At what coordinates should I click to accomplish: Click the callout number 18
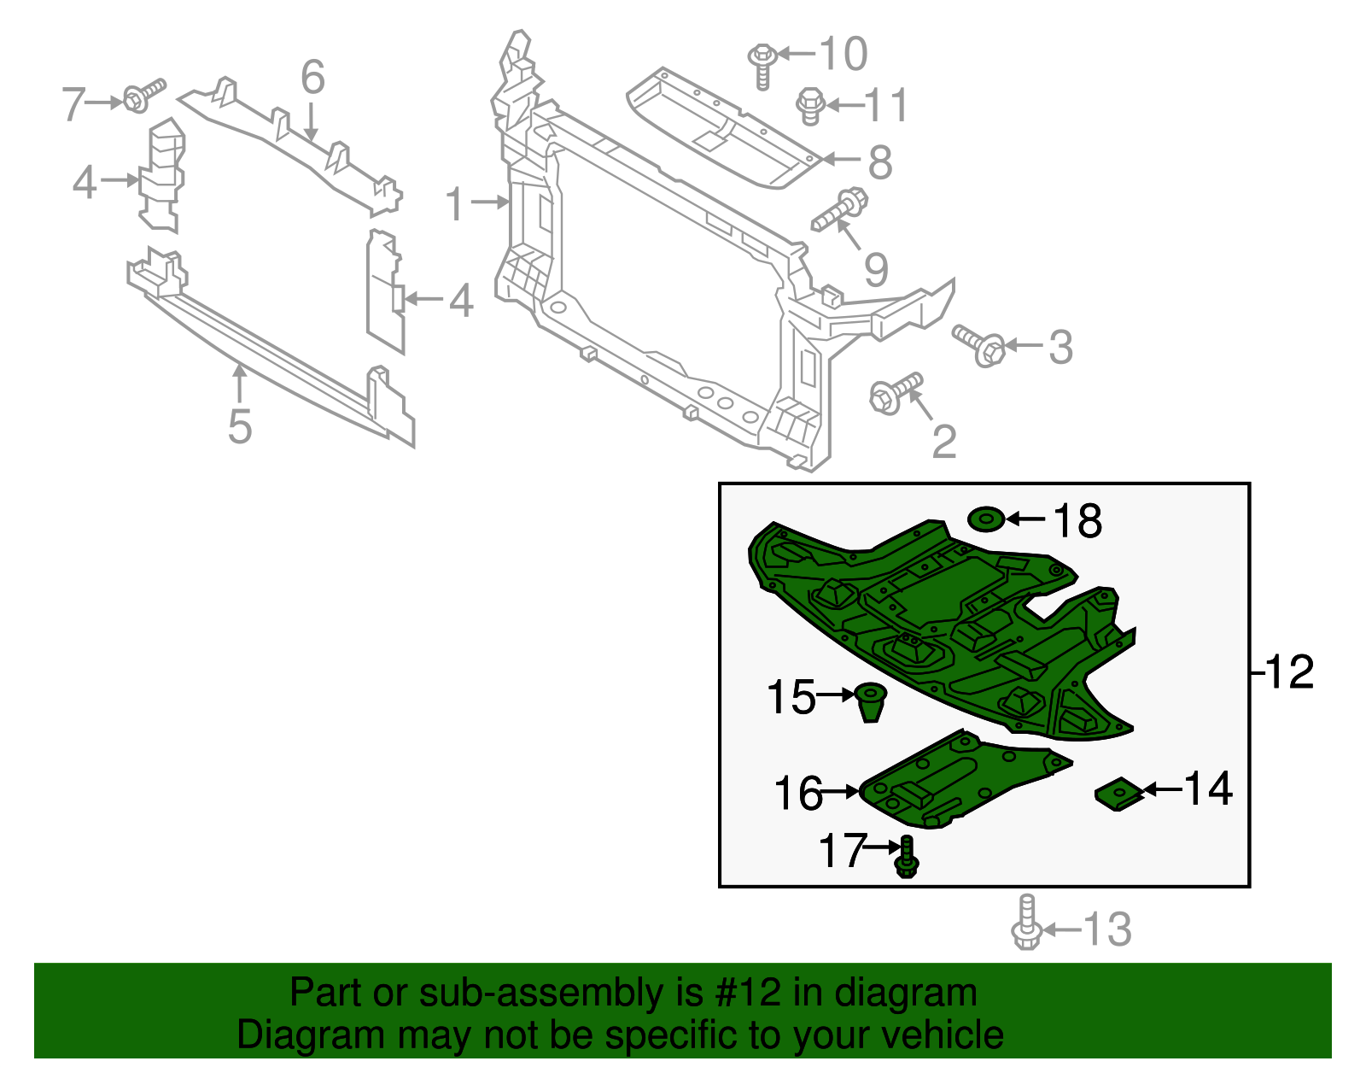pyautogui.click(x=1077, y=521)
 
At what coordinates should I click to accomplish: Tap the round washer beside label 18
pyautogui.click(x=986, y=519)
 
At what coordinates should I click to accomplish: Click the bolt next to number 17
pyautogui.click(x=907, y=858)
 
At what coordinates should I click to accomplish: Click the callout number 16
pyautogui.click(x=797, y=794)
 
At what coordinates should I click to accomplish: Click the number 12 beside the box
pyautogui.click(x=1289, y=672)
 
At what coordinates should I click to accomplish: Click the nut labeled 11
pyautogui.click(x=809, y=106)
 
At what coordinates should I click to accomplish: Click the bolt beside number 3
pyautogui.click(x=978, y=344)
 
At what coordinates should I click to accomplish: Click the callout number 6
pyautogui.click(x=313, y=78)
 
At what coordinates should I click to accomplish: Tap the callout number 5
pyautogui.click(x=240, y=426)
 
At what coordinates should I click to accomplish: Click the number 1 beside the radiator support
pyautogui.click(x=456, y=205)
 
